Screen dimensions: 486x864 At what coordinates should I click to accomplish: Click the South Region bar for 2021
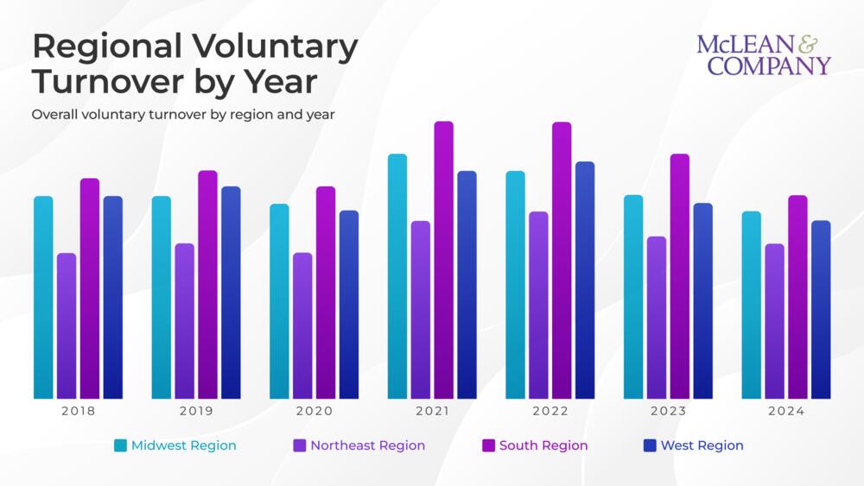pyautogui.click(x=443, y=260)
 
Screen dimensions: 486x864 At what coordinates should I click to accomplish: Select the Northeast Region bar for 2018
pyautogui.click(x=67, y=325)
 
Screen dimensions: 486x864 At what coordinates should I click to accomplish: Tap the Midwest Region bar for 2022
pyautogui.click(x=515, y=285)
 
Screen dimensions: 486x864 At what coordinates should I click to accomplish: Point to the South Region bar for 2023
pyautogui.click(x=680, y=276)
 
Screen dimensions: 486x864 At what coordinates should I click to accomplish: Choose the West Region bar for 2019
pyautogui.click(x=231, y=293)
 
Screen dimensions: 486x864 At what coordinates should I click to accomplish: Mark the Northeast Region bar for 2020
pyautogui.click(x=302, y=325)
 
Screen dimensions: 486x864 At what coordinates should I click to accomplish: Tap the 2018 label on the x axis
pyautogui.click(x=78, y=412)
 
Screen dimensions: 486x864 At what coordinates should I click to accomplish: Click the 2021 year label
pyautogui.click(x=432, y=412)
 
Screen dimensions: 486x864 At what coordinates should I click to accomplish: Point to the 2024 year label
pyautogui.click(x=785, y=412)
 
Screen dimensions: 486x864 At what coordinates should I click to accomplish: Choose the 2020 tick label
pyautogui.click(x=314, y=412)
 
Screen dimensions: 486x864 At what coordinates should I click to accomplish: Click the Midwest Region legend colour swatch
pyautogui.click(x=121, y=445)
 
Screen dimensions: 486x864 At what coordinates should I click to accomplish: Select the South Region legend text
pyautogui.click(x=543, y=445)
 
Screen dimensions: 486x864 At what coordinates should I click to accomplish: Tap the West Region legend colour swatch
pyautogui.click(x=650, y=445)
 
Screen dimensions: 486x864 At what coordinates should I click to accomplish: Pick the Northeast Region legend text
pyautogui.click(x=367, y=445)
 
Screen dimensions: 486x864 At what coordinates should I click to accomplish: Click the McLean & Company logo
pyautogui.click(x=764, y=55)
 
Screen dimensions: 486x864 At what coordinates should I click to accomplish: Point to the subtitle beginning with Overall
pyautogui.click(x=182, y=114)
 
